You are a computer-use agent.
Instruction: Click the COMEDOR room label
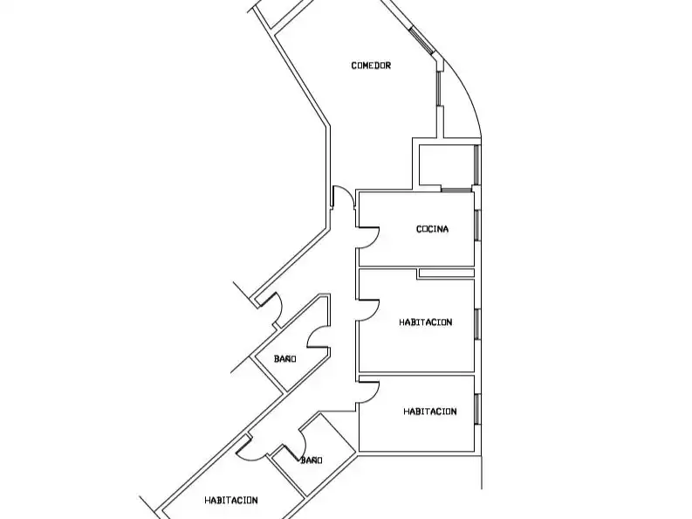tap(371, 66)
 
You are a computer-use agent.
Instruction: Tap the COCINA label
tap(433, 229)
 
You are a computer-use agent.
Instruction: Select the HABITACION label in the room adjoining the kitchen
tap(426, 322)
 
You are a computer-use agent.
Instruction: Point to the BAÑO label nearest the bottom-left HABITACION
tap(312, 460)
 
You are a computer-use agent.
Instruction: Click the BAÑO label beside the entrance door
tap(284, 358)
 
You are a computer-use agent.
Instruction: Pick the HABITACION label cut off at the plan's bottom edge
tap(231, 500)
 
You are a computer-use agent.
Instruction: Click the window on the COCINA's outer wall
tap(477, 225)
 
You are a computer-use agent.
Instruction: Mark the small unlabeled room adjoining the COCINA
tap(446, 164)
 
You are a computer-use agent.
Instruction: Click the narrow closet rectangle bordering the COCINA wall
tap(446, 273)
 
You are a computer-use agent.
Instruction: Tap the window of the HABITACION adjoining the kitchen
tap(477, 324)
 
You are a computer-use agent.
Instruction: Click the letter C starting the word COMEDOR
tap(354, 66)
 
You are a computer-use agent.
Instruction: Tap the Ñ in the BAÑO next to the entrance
tap(287, 358)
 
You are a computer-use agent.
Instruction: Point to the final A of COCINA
tap(446, 229)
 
